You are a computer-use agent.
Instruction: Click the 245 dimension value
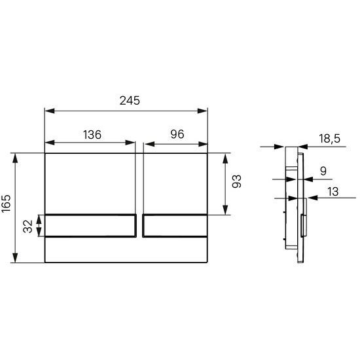tap(130, 101)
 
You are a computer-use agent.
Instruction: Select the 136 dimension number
tap(92, 135)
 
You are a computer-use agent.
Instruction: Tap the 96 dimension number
tap(177, 134)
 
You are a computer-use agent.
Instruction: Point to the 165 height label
tap(6, 204)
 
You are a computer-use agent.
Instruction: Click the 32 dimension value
tap(27, 226)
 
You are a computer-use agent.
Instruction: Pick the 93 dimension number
tap(236, 181)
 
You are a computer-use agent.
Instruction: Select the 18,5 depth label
tap(329, 139)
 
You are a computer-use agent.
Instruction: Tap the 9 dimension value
tap(323, 171)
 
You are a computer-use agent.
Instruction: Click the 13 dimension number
tap(333, 192)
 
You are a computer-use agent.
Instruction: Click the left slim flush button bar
tap(90, 225)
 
